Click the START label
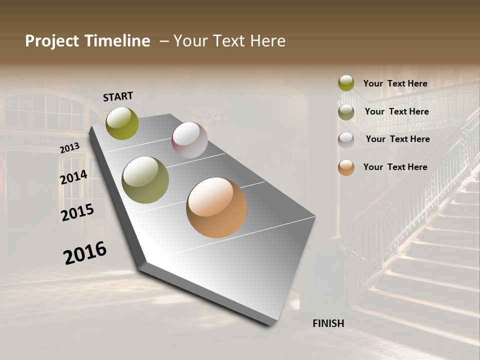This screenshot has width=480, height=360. click(x=118, y=96)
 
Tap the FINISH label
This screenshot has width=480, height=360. click(x=328, y=323)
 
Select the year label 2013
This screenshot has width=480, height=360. click(x=69, y=148)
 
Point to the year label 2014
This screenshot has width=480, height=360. click(x=73, y=177)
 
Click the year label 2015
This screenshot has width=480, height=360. click(x=77, y=212)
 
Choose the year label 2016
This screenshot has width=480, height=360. click(x=85, y=252)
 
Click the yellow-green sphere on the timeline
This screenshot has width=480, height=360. click(x=122, y=123)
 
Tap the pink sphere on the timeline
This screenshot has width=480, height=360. click(x=189, y=140)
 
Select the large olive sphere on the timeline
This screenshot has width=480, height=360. click(x=145, y=180)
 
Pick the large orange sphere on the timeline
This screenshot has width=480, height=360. click(x=216, y=207)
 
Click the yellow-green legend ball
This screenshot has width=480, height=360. click(x=346, y=83)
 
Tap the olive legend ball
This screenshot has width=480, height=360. click(x=346, y=112)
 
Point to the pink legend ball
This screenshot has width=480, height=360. click(x=346, y=140)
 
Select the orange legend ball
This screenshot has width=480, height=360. click(x=346, y=167)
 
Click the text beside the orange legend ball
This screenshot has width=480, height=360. click(x=395, y=167)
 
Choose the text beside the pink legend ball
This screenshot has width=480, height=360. click(x=397, y=139)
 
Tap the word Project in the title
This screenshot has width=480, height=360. click(x=51, y=41)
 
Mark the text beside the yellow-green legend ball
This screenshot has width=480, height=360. click(x=395, y=83)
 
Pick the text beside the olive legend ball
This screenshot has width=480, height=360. click(x=396, y=111)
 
